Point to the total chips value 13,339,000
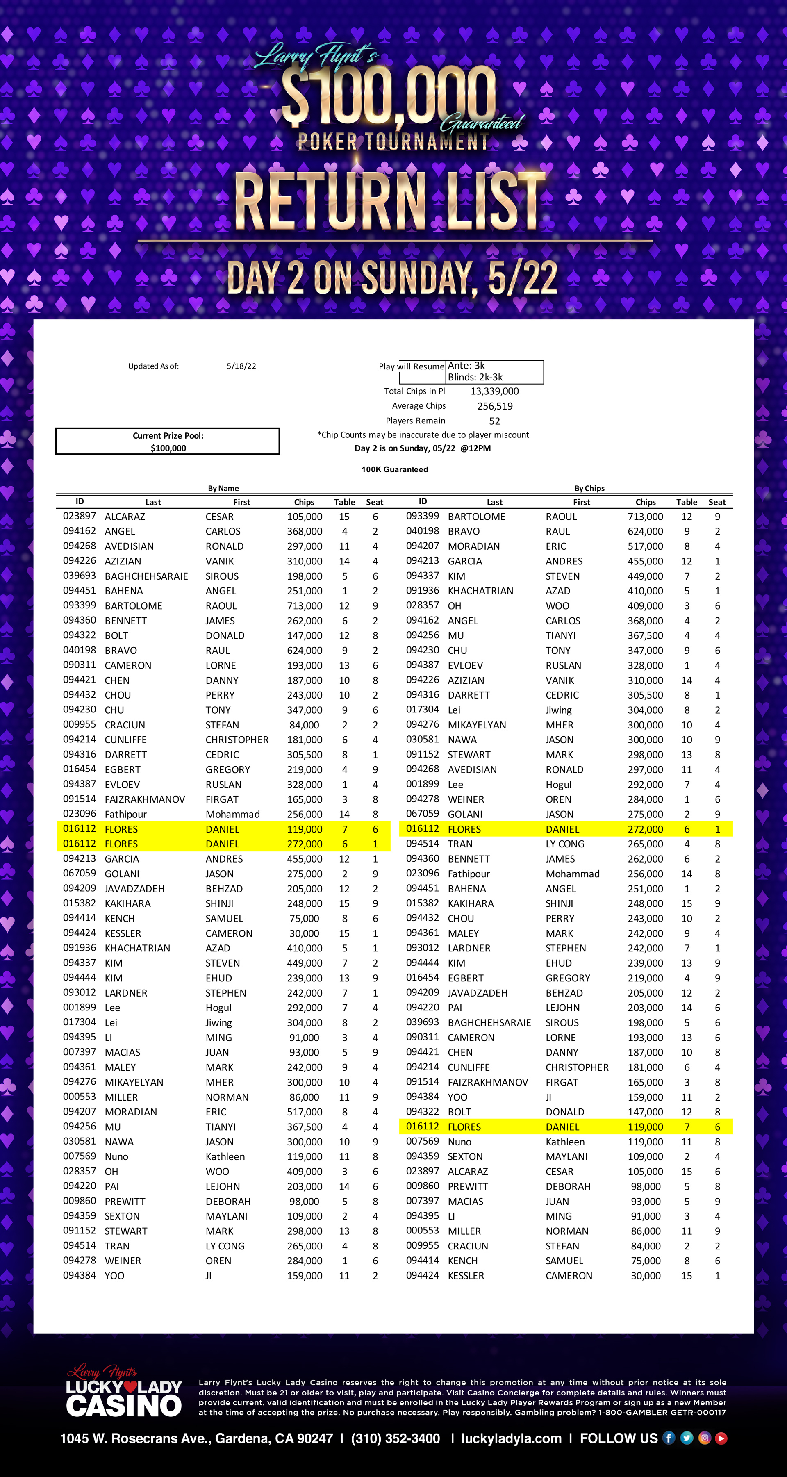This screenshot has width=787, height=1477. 494,391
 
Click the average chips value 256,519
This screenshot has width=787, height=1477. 495,406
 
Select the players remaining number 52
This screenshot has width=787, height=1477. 494,421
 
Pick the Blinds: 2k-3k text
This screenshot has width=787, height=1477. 475,377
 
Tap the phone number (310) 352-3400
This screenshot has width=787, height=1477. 396,1438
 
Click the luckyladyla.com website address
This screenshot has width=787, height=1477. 511,1438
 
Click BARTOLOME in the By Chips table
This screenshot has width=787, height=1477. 476,517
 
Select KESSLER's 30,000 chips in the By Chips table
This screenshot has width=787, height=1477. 646,1276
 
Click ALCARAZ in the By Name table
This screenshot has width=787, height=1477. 125,517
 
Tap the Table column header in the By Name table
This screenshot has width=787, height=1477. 344,502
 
